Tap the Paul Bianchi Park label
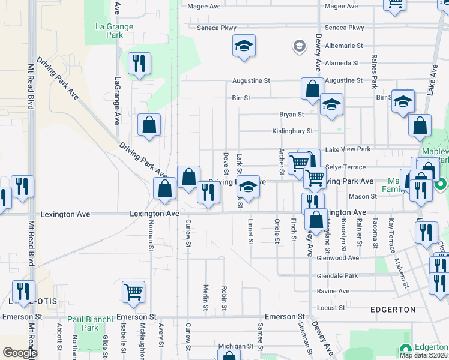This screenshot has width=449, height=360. click(x=82, y=324)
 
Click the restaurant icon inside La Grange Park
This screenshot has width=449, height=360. click(x=139, y=64)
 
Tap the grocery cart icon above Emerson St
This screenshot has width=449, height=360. click(x=134, y=292)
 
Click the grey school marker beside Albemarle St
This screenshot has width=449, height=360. click(x=298, y=46)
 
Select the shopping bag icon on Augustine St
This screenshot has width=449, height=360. click(x=312, y=89)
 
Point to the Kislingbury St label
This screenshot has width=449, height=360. click(x=292, y=131)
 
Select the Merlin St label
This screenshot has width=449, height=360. click(x=206, y=297)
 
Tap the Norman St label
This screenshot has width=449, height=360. click(x=151, y=236)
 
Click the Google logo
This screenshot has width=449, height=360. click(x=20, y=353)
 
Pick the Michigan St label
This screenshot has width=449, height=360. click(x=236, y=346)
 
